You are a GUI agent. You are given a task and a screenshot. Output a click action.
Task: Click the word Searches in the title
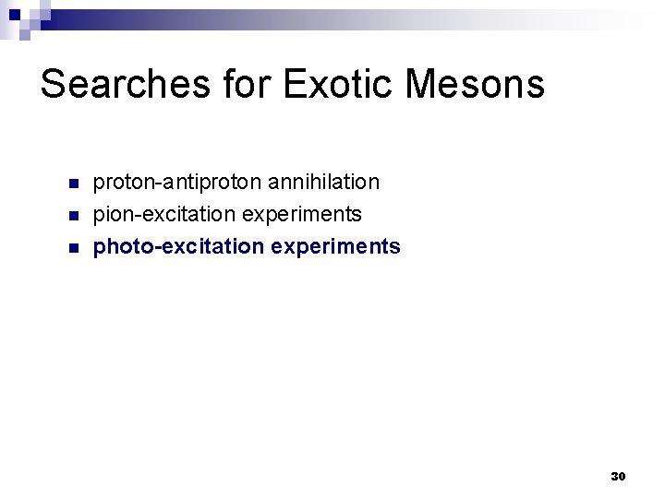point(125,85)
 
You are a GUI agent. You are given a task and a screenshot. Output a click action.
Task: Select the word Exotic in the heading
point(341,85)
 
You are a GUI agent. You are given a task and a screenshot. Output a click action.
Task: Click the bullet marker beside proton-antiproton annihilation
point(75,183)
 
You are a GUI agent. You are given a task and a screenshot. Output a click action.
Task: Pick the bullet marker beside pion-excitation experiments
point(75,215)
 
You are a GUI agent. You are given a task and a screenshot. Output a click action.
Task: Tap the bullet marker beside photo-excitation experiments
point(75,247)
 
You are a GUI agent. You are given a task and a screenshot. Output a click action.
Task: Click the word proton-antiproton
point(170,183)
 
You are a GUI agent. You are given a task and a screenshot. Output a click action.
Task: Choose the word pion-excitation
point(165,214)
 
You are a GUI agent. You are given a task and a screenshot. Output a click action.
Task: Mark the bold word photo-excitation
point(177,246)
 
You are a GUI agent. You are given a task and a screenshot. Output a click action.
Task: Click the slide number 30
point(618,477)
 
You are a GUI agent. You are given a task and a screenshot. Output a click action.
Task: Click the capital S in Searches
point(54,85)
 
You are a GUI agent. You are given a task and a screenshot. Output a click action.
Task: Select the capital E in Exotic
point(296,85)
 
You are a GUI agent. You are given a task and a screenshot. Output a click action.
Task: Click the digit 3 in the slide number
point(614,477)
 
